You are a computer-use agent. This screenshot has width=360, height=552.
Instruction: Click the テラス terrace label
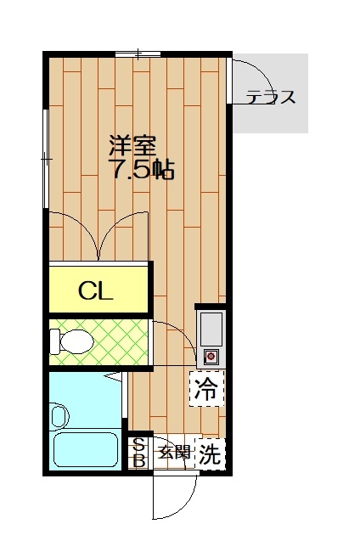tap(271, 97)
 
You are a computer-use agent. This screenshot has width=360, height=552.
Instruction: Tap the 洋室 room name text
tap(132, 145)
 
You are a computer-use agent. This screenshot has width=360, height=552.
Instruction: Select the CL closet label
tap(95, 290)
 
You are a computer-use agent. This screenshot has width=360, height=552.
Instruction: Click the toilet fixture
tap(71, 341)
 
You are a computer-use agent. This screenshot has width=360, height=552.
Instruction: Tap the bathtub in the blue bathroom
tap(86, 449)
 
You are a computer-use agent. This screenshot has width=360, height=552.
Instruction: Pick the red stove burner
tap(211, 357)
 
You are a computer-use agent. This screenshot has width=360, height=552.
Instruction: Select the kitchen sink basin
tap(211, 329)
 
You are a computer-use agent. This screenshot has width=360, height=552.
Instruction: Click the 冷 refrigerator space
tap(206, 389)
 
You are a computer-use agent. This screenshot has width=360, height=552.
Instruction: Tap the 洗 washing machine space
tap(210, 453)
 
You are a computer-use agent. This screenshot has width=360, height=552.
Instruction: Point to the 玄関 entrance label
tap(174, 452)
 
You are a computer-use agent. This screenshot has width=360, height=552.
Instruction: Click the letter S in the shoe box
tap(139, 446)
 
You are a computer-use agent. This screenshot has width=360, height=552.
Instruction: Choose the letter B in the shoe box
tap(139, 461)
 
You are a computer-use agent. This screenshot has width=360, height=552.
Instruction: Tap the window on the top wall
tap(138, 54)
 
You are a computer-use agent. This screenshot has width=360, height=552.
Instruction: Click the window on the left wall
tap(45, 159)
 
